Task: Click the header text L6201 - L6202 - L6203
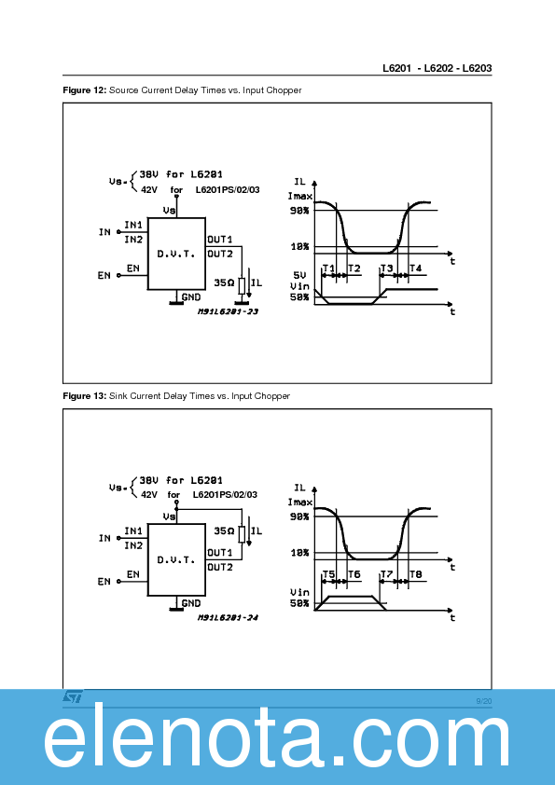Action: point(437,69)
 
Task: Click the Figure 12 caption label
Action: point(84,90)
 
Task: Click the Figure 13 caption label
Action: point(84,396)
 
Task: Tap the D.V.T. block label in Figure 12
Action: point(175,254)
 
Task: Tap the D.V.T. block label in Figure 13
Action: point(175,559)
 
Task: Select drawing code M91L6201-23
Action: point(227,311)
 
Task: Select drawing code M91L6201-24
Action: point(227,617)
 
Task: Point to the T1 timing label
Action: point(327,269)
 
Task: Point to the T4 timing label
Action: point(415,269)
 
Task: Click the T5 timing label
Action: point(327,574)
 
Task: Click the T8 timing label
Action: point(415,574)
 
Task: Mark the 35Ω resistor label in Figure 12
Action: point(224,281)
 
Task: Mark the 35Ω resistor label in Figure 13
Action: point(224,530)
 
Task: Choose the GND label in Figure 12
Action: point(191,296)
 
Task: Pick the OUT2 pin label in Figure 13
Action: point(220,566)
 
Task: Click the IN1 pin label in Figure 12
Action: point(133,226)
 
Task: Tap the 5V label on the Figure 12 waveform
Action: point(299,275)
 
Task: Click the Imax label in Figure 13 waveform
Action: point(299,502)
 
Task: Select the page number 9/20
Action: point(483,700)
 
